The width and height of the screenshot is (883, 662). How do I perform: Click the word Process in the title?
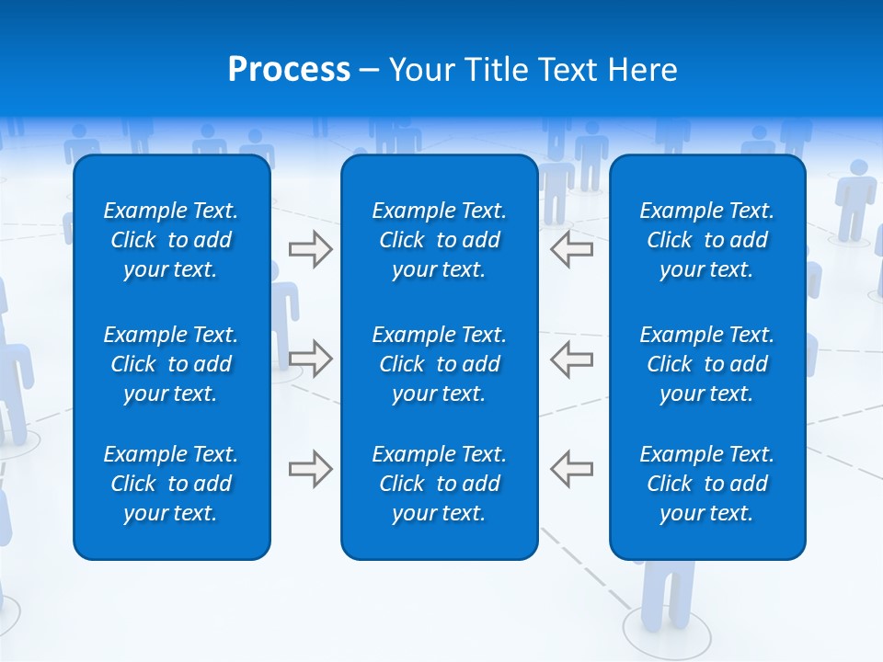coord(289,70)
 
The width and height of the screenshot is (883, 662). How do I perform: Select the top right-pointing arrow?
coord(310,249)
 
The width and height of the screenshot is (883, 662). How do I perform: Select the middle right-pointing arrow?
coord(310,359)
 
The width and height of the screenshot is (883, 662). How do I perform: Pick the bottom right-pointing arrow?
coord(310,469)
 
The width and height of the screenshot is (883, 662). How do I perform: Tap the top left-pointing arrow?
coord(571,249)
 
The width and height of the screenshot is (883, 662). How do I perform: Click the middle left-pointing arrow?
coord(571,359)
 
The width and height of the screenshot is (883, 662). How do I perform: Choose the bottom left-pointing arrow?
coord(571,469)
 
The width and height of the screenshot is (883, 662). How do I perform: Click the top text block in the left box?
coord(171,240)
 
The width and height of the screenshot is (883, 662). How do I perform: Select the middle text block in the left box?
coord(171,364)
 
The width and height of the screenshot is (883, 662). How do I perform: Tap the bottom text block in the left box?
coord(171,484)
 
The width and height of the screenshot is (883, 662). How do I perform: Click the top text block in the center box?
coord(439,240)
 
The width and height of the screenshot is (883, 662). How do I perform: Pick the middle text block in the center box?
coord(439,364)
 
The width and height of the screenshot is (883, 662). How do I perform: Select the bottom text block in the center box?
coord(439,484)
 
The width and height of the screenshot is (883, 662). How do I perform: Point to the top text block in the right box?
coord(706,240)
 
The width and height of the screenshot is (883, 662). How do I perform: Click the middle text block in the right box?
coord(706,364)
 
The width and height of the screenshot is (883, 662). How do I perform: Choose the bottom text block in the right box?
coord(706,484)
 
